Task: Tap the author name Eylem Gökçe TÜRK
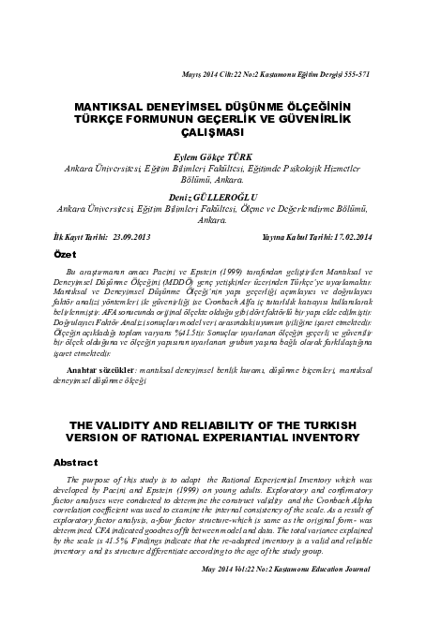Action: click(213, 157)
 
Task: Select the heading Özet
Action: click(63, 255)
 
